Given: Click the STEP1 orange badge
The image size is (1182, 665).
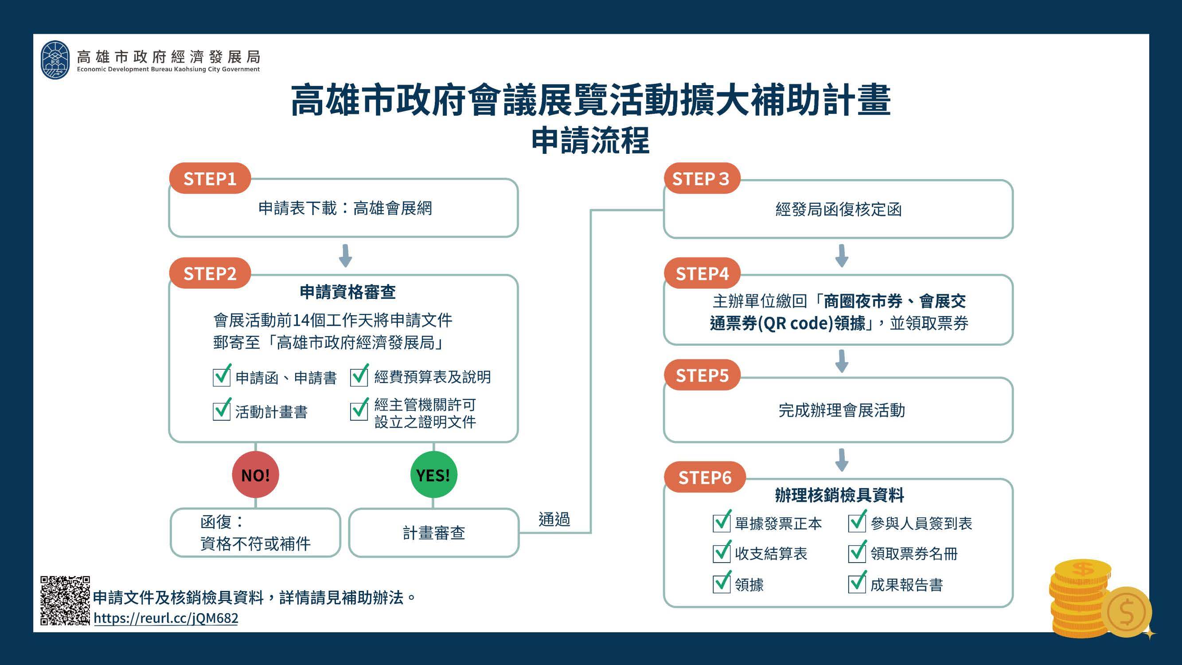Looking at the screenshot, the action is tap(210, 178).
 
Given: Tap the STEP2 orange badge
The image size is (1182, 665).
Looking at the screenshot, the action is tap(210, 273).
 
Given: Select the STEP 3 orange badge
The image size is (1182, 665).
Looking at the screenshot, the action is tap(702, 178).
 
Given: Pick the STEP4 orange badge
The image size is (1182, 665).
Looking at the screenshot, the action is tap(702, 273).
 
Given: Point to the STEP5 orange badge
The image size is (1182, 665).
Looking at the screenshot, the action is tap(702, 375).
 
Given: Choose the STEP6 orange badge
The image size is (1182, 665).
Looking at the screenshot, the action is tap(704, 477).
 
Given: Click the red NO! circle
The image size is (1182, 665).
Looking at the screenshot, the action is tap(256, 474).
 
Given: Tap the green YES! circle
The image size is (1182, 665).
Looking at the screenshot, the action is tap(433, 474).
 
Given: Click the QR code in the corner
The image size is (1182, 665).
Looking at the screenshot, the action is tap(65, 601).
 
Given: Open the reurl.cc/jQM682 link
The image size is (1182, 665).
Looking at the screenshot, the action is tap(166, 618).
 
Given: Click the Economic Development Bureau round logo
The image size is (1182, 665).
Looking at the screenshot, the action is tap(55, 60).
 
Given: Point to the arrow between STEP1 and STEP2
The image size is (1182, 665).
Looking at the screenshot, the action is tap(345, 256).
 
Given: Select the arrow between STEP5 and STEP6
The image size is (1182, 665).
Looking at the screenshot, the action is tap(842, 460).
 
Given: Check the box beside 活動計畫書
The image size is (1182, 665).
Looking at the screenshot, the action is tap(222, 410).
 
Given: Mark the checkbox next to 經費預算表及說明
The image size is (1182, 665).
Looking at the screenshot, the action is tap(359, 376).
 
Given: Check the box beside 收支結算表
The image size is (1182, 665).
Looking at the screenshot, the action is tap(722, 552).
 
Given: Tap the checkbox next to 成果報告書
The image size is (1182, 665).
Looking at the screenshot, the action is tap(857, 583).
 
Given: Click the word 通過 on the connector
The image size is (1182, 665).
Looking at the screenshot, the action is tap(554, 519).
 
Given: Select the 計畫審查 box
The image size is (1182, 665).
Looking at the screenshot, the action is tap(433, 533).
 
